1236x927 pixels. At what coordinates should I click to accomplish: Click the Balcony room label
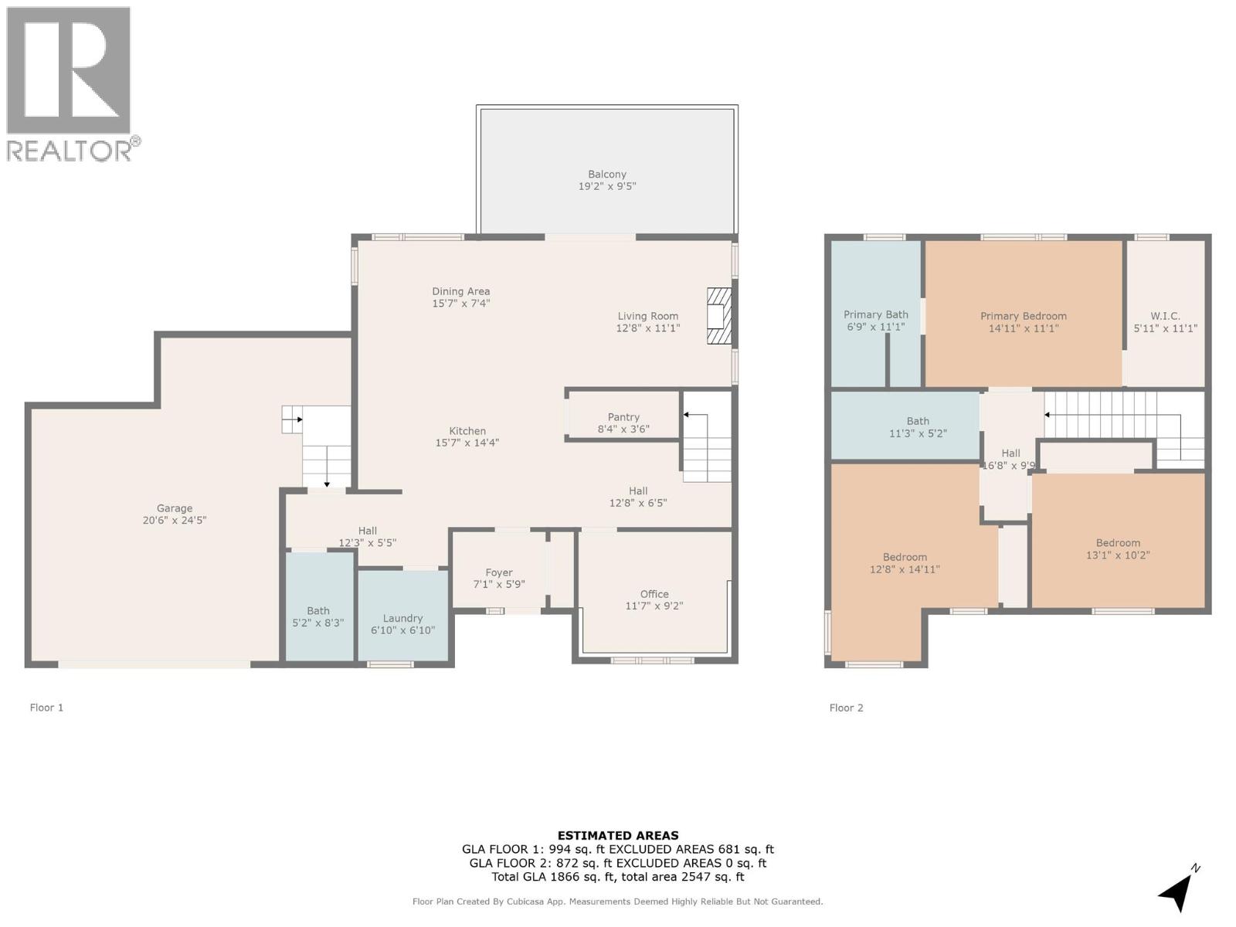coord(607,175)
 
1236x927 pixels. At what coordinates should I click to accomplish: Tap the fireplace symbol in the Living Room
coord(718,316)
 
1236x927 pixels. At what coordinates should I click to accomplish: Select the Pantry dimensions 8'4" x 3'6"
coord(623,430)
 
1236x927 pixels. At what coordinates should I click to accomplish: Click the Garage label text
coord(175,508)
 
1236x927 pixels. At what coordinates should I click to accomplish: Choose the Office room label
coord(654,594)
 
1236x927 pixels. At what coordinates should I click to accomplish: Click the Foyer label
coord(499,572)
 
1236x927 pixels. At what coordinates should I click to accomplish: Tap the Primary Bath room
coord(875,320)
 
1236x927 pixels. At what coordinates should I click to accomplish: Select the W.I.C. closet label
coord(1165,316)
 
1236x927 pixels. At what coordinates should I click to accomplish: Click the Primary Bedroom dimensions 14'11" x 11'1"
coord(1024,328)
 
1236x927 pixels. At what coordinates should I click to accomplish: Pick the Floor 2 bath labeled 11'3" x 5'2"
coord(918,427)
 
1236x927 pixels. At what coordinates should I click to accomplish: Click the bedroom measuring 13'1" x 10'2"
coord(1118,548)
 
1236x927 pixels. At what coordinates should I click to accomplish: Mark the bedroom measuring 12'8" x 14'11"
coord(905,563)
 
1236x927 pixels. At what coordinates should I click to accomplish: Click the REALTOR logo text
coord(70,151)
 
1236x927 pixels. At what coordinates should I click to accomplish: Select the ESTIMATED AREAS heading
coord(618,835)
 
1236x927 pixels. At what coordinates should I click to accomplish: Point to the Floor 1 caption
coord(46,708)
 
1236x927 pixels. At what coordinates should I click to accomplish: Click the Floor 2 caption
coord(846,708)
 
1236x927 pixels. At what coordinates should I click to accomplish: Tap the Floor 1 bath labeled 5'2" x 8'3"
coord(317,616)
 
